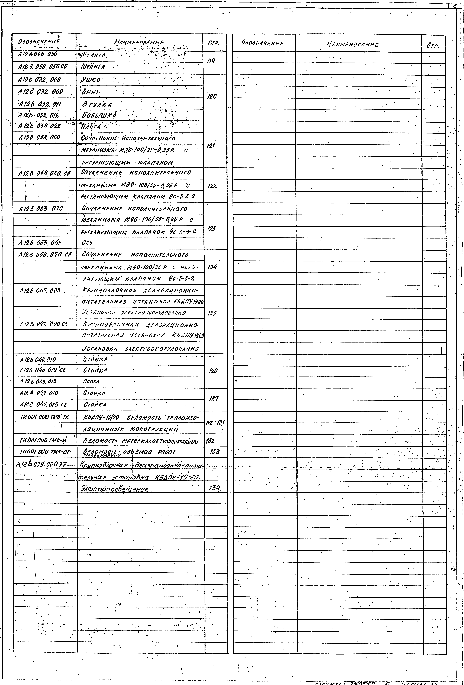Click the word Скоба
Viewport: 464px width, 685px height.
click(x=91, y=381)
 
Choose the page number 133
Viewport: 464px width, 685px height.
click(x=215, y=451)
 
